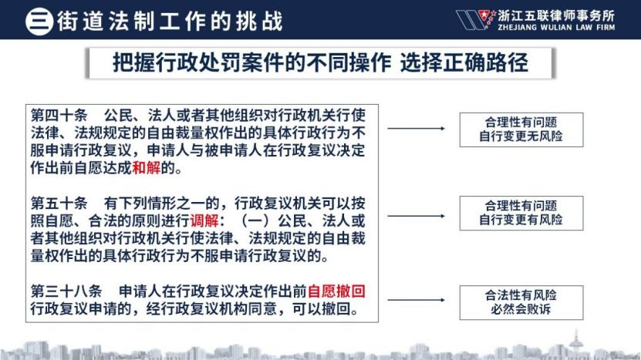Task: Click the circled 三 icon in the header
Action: click(39, 21)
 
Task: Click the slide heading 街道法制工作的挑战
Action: click(170, 22)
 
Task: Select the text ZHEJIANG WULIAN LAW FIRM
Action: click(556, 28)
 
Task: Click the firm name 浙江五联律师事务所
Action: click(556, 15)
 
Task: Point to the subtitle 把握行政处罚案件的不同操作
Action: click(251, 62)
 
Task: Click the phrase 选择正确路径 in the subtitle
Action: click(464, 62)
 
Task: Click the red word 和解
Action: click(147, 167)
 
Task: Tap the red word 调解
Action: click(204, 220)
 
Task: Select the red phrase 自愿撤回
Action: click(336, 291)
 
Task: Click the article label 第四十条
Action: click(59, 115)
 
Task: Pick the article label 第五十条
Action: click(59, 203)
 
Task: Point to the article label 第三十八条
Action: click(66, 291)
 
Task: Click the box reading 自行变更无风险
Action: click(521, 130)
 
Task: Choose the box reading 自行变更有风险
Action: click(521, 214)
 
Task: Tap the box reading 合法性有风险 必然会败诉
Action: click(521, 302)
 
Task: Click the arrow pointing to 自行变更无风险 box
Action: click(417, 128)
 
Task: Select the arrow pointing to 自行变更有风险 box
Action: click(417, 216)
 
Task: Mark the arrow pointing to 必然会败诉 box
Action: click(417, 300)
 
